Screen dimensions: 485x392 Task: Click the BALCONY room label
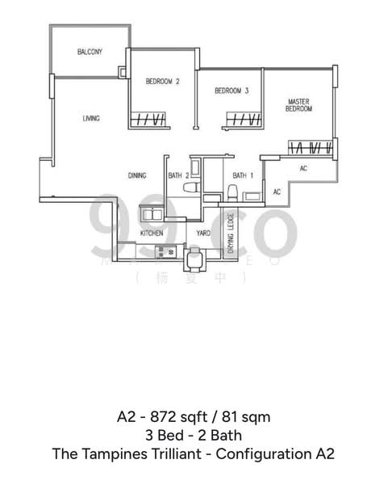(90, 53)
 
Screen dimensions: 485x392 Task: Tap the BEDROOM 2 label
(162, 81)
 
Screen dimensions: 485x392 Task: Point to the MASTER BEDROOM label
(299, 105)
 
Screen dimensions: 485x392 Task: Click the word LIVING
(91, 119)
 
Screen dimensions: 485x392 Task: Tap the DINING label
(137, 175)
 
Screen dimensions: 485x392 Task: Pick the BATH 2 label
(178, 175)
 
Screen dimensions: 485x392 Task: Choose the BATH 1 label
(243, 175)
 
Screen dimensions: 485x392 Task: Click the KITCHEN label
(152, 233)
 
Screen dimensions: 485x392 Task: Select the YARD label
(203, 233)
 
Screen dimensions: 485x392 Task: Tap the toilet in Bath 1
(231, 192)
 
